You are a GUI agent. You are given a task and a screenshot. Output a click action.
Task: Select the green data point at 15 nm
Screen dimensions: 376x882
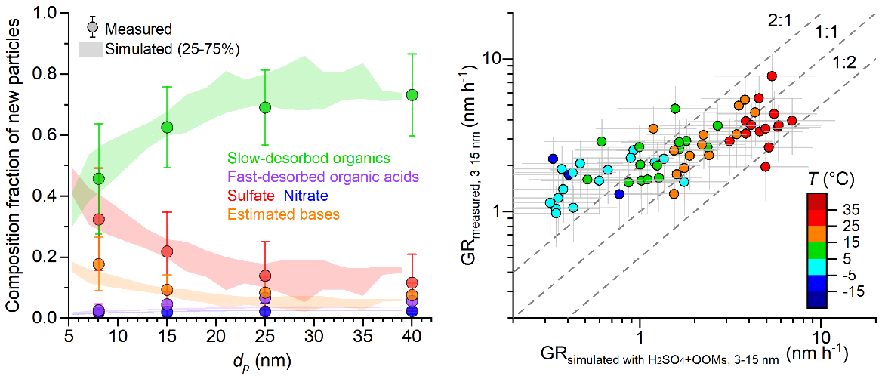coord(167,127)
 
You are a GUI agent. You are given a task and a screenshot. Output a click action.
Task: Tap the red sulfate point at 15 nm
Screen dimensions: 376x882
coord(167,251)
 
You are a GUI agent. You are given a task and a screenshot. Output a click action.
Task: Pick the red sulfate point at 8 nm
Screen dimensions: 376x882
coord(98,220)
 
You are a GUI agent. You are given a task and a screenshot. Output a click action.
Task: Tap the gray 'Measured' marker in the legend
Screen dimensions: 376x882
coord(92,29)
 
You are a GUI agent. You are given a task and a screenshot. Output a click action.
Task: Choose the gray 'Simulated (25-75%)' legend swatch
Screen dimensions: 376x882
coord(91,49)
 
